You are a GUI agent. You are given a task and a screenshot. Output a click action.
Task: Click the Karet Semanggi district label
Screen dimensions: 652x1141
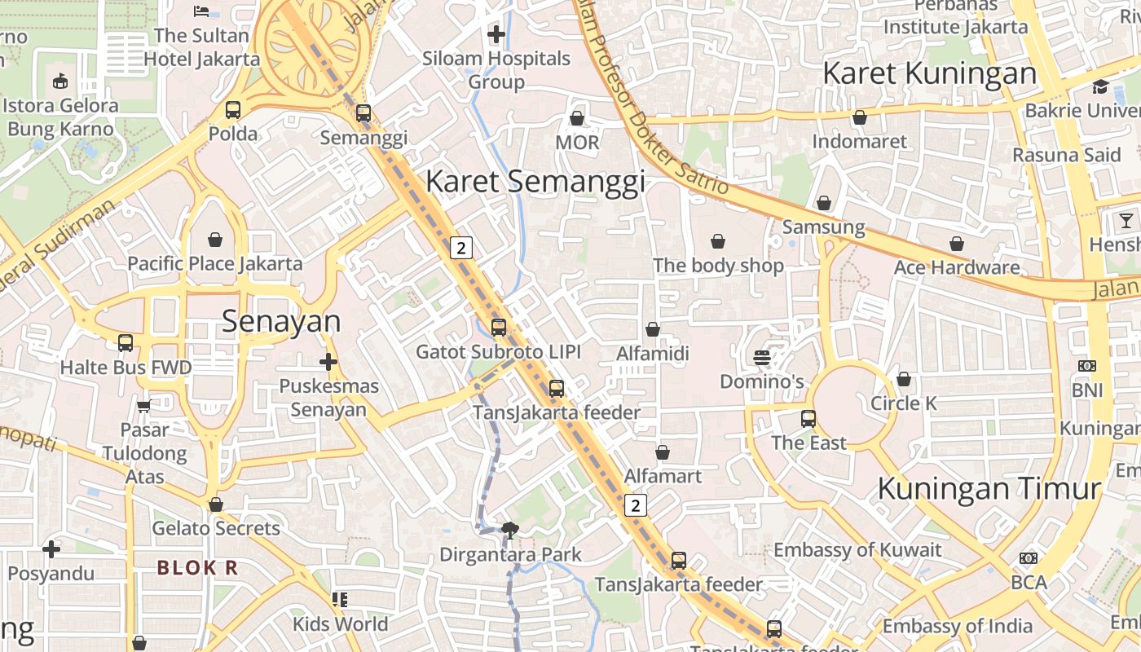535,181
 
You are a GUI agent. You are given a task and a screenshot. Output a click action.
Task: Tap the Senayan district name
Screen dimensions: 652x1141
281,322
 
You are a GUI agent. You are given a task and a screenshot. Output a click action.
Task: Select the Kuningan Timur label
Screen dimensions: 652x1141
989,488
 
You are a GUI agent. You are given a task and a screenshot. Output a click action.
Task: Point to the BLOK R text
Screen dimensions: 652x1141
197,568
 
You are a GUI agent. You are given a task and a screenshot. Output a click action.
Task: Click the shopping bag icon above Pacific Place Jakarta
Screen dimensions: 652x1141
215,240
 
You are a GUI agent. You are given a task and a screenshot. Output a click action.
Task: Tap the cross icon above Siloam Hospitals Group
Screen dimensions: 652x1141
496,34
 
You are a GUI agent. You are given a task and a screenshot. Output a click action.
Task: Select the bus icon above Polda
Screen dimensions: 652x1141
233,109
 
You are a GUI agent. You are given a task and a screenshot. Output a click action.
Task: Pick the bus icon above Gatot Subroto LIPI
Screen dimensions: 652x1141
498,328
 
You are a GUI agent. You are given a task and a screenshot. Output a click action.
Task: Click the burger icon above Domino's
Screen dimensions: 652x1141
762,358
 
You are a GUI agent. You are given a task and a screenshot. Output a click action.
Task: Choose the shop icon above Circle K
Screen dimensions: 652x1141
903,379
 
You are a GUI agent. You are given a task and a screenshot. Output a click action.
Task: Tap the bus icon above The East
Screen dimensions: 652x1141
808,419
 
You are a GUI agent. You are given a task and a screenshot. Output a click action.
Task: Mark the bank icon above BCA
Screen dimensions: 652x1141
1029,558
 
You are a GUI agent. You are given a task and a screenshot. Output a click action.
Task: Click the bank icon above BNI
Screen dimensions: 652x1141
1087,366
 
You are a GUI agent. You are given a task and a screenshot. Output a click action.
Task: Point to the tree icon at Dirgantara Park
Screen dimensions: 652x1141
510,531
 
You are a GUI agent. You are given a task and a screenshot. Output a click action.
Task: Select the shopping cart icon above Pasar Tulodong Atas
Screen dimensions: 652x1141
144,406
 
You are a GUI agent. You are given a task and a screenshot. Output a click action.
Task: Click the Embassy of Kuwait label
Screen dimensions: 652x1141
857,550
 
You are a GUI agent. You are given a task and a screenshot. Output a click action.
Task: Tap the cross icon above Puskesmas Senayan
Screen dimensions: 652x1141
328,361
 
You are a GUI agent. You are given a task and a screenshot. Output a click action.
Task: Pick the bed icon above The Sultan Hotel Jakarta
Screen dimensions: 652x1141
201,11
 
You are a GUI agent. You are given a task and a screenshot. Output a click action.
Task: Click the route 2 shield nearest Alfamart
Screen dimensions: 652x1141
636,505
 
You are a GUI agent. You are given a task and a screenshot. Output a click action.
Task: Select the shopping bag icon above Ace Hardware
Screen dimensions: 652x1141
957,244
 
